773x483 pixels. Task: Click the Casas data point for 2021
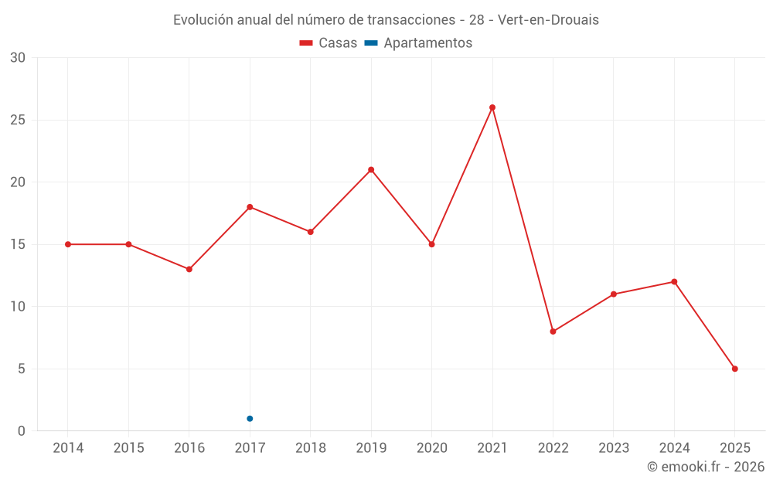(x=492, y=107)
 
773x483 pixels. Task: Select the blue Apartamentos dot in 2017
(x=250, y=419)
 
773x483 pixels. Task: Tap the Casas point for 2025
(x=735, y=369)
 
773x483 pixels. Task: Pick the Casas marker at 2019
(x=371, y=170)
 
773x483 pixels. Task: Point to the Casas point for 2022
(x=553, y=332)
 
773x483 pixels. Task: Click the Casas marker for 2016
(x=189, y=269)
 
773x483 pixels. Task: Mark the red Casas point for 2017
(x=250, y=207)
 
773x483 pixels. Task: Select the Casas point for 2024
(x=674, y=282)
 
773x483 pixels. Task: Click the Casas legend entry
(x=329, y=43)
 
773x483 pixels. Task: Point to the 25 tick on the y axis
(x=17, y=121)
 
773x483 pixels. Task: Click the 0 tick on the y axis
(x=22, y=431)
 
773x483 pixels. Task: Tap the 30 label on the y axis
(x=17, y=58)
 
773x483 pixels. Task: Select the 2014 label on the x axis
(x=67, y=448)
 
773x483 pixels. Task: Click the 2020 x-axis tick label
(x=431, y=448)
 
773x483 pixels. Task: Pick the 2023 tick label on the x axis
(x=614, y=448)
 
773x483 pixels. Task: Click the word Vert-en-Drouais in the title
(x=548, y=20)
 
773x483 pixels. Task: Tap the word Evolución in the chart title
(x=202, y=20)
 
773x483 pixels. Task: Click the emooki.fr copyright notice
(x=706, y=467)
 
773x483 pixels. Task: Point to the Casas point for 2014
(x=68, y=244)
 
